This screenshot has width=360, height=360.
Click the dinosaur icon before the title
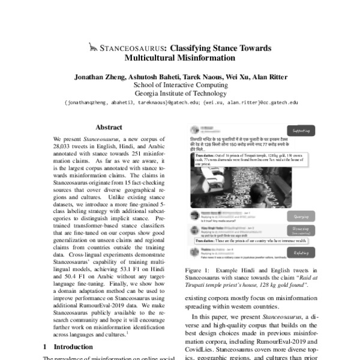coord(92,46)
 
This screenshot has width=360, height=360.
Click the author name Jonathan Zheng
coord(100,77)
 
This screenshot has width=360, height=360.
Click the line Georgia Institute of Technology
coord(180,94)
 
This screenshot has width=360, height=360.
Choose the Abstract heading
coord(109,127)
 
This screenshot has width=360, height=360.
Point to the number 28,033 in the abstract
coord(65,146)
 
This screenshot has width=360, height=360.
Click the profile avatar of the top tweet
coord(195,128)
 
